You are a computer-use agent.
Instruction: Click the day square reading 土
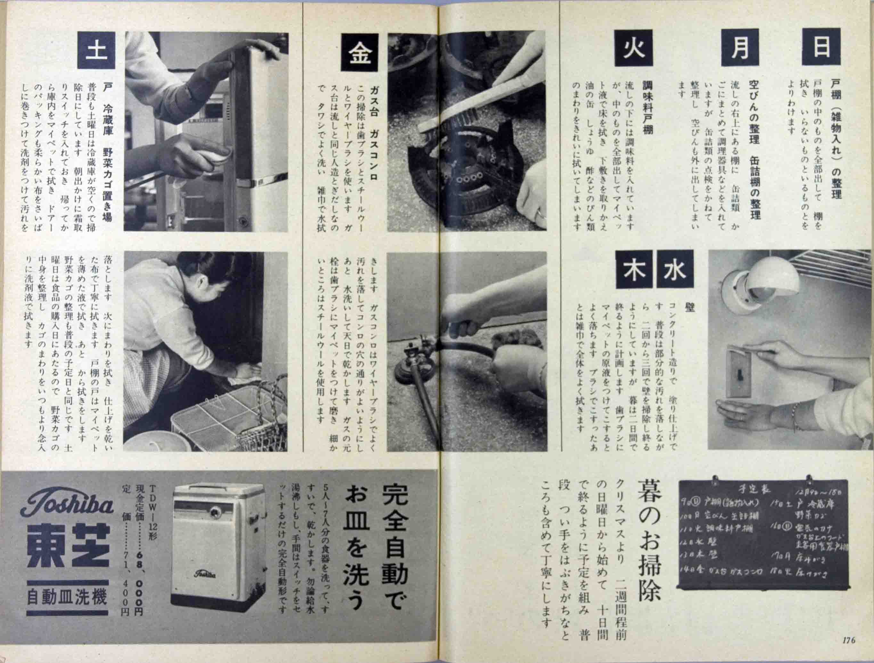pos(96,51)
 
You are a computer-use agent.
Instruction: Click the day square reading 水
pos(675,271)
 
